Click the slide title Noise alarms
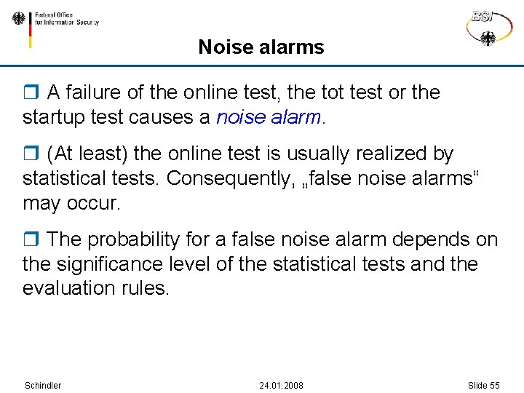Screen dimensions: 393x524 click(x=261, y=48)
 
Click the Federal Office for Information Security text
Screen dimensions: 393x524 click(x=66, y=18)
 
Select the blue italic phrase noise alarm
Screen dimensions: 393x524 click(x=269, y=117)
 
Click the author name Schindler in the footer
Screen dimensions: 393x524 click(x=43, y=385)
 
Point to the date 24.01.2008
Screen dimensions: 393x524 click(x=281, y=385)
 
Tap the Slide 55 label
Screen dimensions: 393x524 click(x=484, y=385)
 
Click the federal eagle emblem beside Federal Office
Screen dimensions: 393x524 click(x=18, y=19)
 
